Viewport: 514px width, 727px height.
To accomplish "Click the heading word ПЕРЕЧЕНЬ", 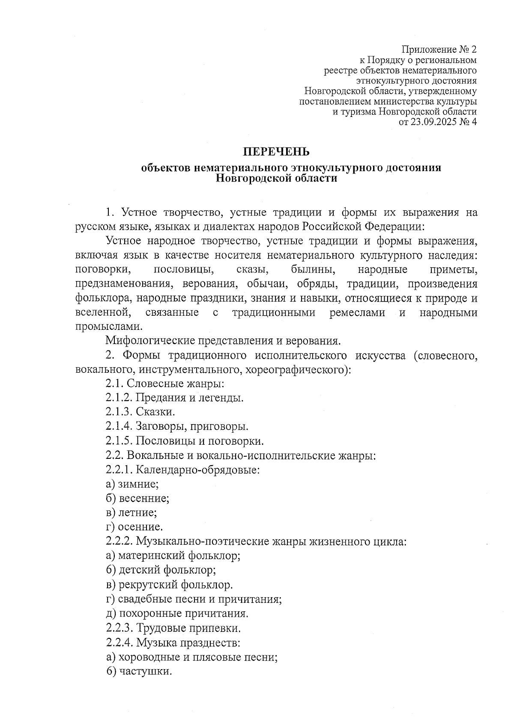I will (276, 152).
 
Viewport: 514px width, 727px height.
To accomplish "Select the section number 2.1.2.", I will (119, 398).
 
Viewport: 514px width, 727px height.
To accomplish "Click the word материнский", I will (151, 556).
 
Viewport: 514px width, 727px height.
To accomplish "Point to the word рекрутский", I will (148, 584).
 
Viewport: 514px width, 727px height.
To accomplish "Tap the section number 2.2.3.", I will (119, 628).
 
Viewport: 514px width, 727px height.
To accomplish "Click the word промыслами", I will (108, 326).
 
